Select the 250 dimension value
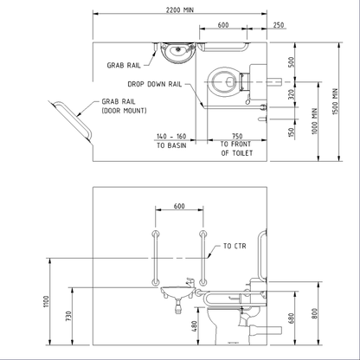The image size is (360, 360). coord(278,26)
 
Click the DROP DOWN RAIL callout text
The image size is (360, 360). coord(154,84)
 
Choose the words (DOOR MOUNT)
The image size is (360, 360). coord(124,111)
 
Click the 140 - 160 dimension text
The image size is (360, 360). coord(171,137)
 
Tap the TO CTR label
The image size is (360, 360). coord(234,246)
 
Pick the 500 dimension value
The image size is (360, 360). coord(290,61)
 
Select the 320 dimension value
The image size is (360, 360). coord(290,93)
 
